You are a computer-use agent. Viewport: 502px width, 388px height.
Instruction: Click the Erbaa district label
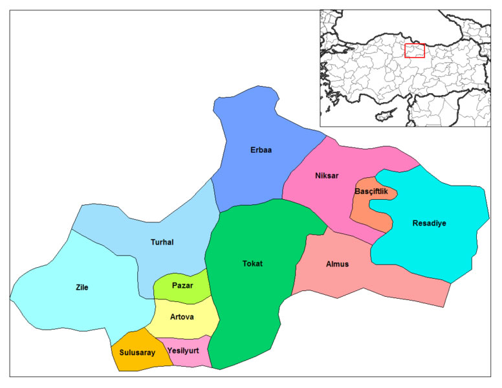pyautogui.click(x=261, y=150)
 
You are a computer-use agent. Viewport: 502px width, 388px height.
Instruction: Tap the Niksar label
pyautogui.click(x=327, y=176)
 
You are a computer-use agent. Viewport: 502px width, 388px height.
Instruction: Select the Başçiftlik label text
pyautogui.click(x=372, y=191)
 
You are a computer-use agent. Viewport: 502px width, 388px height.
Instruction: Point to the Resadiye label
pyautogui.click(x=430, y=224)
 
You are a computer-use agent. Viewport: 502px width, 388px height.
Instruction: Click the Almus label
pyautogui.click(x=337, y=264)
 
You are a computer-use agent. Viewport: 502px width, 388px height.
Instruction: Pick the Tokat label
pyautogui.click(x=252, y=264)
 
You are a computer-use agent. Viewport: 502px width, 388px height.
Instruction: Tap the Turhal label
pyautogui.click(x=161, y=242)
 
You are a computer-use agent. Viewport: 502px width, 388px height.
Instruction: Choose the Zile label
pyautogui.click(x=82, y=287)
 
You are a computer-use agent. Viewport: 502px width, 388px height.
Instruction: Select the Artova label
pyautogui.click(x=182, y=317)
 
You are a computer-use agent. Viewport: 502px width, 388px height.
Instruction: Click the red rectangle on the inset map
pyautogui.click(x=415, y=50)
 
